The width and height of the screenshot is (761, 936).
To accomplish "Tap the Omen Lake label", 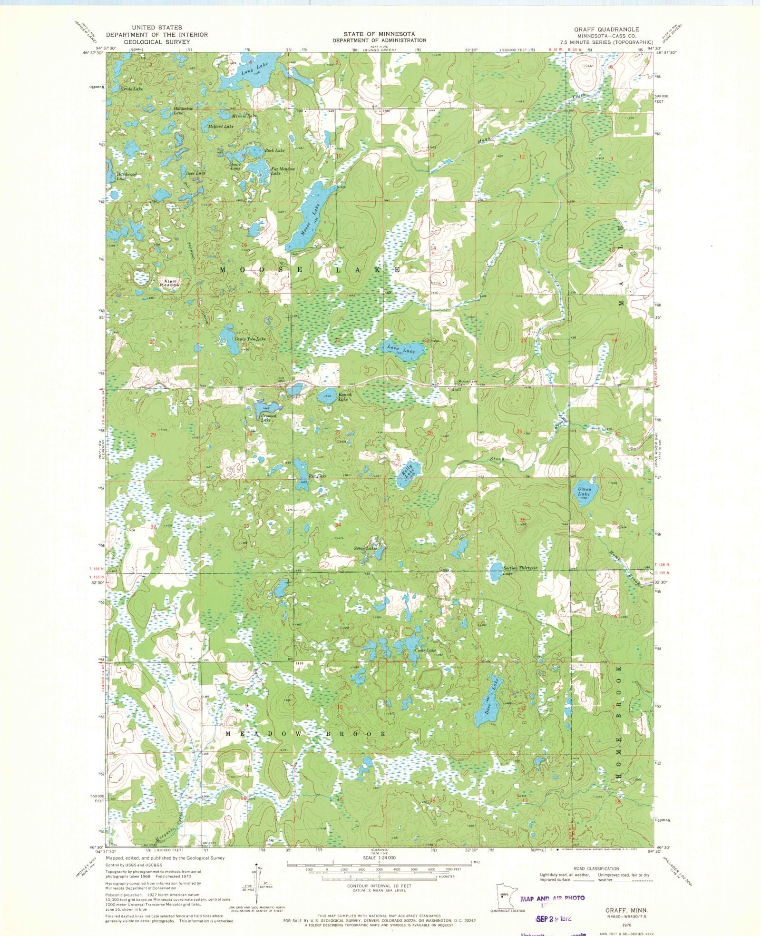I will [x=585, y=492].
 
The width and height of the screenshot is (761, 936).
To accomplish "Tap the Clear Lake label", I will [x=425, y=650].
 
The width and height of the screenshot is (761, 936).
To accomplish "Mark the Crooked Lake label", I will [x=269, y=418].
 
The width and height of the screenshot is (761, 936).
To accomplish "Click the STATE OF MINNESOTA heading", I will [x=379, y=34].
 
